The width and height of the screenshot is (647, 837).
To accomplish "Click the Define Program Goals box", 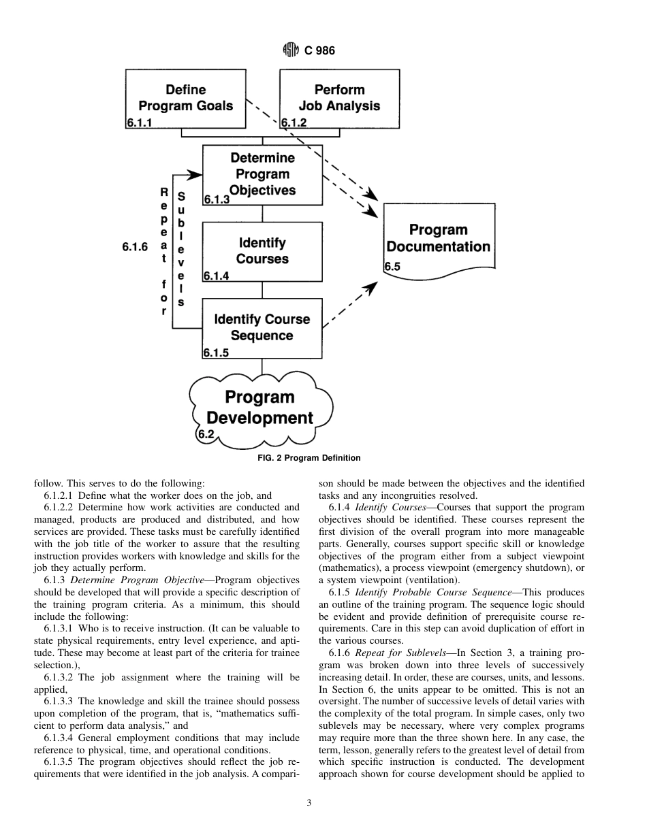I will coord(185,98).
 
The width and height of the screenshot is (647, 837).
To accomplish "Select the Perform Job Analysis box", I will coord(339,98).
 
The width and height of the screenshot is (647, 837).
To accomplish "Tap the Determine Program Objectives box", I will coord(262,174).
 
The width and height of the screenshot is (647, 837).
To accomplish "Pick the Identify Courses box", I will coord(262,251).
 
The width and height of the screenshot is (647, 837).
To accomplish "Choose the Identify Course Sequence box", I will coord(262,328).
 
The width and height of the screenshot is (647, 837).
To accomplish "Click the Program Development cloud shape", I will coord(260,408).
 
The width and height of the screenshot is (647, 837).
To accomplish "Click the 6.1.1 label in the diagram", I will coord(139,123).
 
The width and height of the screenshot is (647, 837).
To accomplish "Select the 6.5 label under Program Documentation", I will coord(392,267).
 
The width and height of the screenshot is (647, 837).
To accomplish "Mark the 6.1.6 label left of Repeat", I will coord(135,247).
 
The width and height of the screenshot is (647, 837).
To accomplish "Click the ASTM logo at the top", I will coord(291,50).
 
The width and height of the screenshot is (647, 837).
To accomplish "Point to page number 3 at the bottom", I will coord(309,803).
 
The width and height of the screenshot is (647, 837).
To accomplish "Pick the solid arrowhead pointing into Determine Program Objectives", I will coord(196,175).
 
